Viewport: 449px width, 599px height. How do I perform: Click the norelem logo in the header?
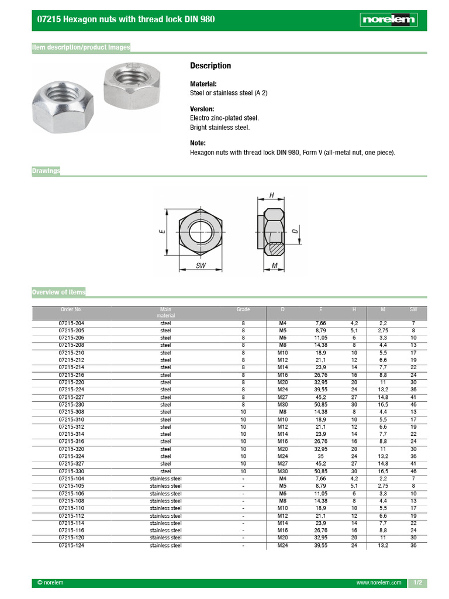click(x=388, y=20)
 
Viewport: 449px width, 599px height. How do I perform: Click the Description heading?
click(x=210, y=66)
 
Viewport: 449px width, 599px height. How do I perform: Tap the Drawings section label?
click(x=46, y=171)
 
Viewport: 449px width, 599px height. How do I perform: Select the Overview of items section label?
click(x=58, y=292)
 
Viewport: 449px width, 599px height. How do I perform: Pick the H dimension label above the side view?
click(x=271, y=195)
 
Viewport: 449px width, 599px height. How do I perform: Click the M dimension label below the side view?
click(x=274, y=266)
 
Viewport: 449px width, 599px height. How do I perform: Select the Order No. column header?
click(x=71, y=309)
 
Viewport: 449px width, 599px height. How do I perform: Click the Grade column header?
click(x=243, y=309)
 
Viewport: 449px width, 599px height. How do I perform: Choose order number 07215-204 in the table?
click(x=71, y=323)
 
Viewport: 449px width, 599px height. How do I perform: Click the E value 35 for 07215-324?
click(x=320, y=456)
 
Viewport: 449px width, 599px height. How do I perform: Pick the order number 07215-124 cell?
click(x=71, y=545)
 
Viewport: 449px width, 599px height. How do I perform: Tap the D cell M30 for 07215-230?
click(x=283, y=404)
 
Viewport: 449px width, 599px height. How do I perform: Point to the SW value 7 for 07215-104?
click(x=413, y=478)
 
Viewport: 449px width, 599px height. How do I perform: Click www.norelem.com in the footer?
click(x=379, y=583)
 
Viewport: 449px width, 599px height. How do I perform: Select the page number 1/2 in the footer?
click(x=417, y=583)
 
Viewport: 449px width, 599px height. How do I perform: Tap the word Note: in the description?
click(x=198, y=143)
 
